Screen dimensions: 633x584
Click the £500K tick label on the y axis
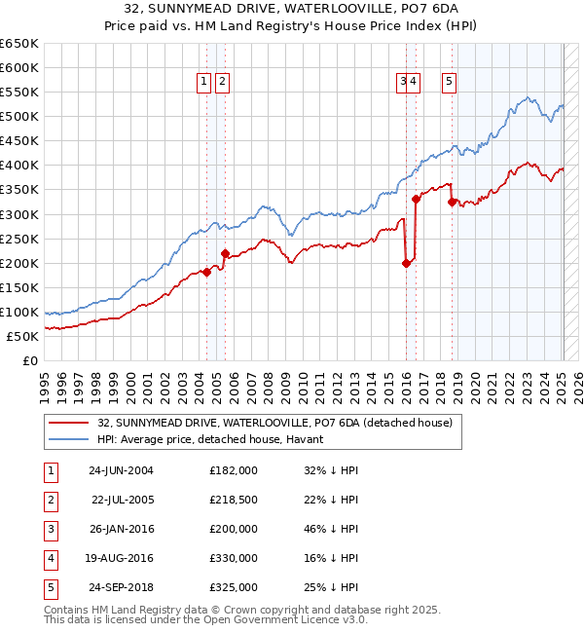(x=19, y=116)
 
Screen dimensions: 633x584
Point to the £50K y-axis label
(x=23, y=336)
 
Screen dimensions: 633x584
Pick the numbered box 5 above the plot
(x=450, y=83)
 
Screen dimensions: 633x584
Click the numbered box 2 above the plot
(x=223, y=83)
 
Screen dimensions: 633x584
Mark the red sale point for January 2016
(x=407, y=262)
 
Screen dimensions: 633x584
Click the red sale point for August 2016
(x=417, y=199)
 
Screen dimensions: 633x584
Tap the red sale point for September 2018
(x=453, y=202)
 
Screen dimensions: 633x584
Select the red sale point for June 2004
(x=206, y=272)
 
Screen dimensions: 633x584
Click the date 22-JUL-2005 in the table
(x=122, y=499)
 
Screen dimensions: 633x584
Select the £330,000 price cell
(x=234, y=558)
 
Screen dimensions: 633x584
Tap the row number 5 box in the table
(x=50, y=587)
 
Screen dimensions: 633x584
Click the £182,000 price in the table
(x=234, y=469)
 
